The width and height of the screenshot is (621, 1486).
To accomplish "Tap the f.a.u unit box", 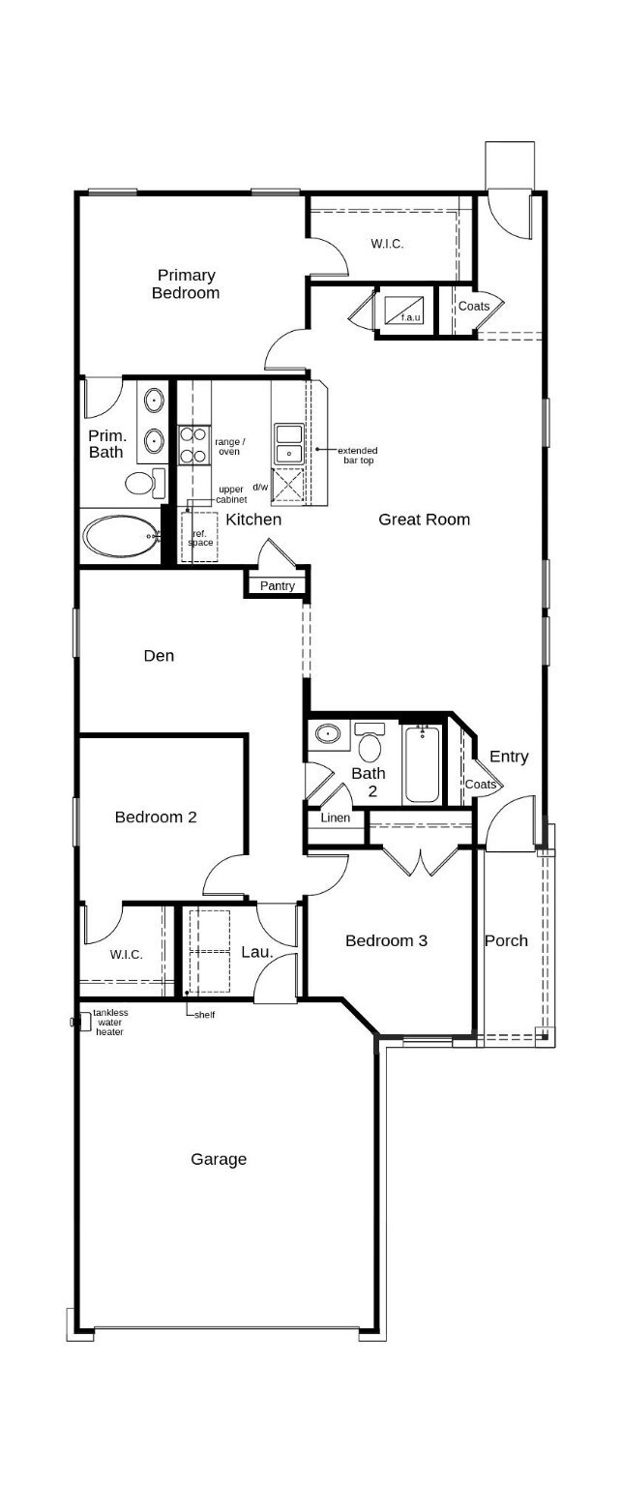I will [x=405, y=311].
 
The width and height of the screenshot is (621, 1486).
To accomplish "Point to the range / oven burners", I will [x=193, y=445].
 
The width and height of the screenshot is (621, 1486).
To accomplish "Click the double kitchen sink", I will [x=289, y=443].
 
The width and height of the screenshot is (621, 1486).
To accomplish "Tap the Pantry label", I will [x=277, y=586].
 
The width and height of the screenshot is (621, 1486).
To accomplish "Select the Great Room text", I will [x=424, y=520].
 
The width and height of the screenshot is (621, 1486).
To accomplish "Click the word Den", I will [x=159, y=656].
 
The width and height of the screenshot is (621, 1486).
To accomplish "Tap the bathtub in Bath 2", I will [x=422, y=764].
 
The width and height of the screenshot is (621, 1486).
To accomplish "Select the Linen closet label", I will [x=335, y=818].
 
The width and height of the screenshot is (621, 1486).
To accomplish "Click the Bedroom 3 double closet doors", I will [x=421, y=861].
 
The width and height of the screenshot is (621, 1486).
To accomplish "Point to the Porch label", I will [x=506, y=940].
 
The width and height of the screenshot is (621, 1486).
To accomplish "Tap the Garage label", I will [x=219, y=1159].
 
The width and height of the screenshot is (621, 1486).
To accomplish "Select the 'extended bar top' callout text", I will [x=357, y=455].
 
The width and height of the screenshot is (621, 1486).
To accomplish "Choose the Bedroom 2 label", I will [x=156, y=817].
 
